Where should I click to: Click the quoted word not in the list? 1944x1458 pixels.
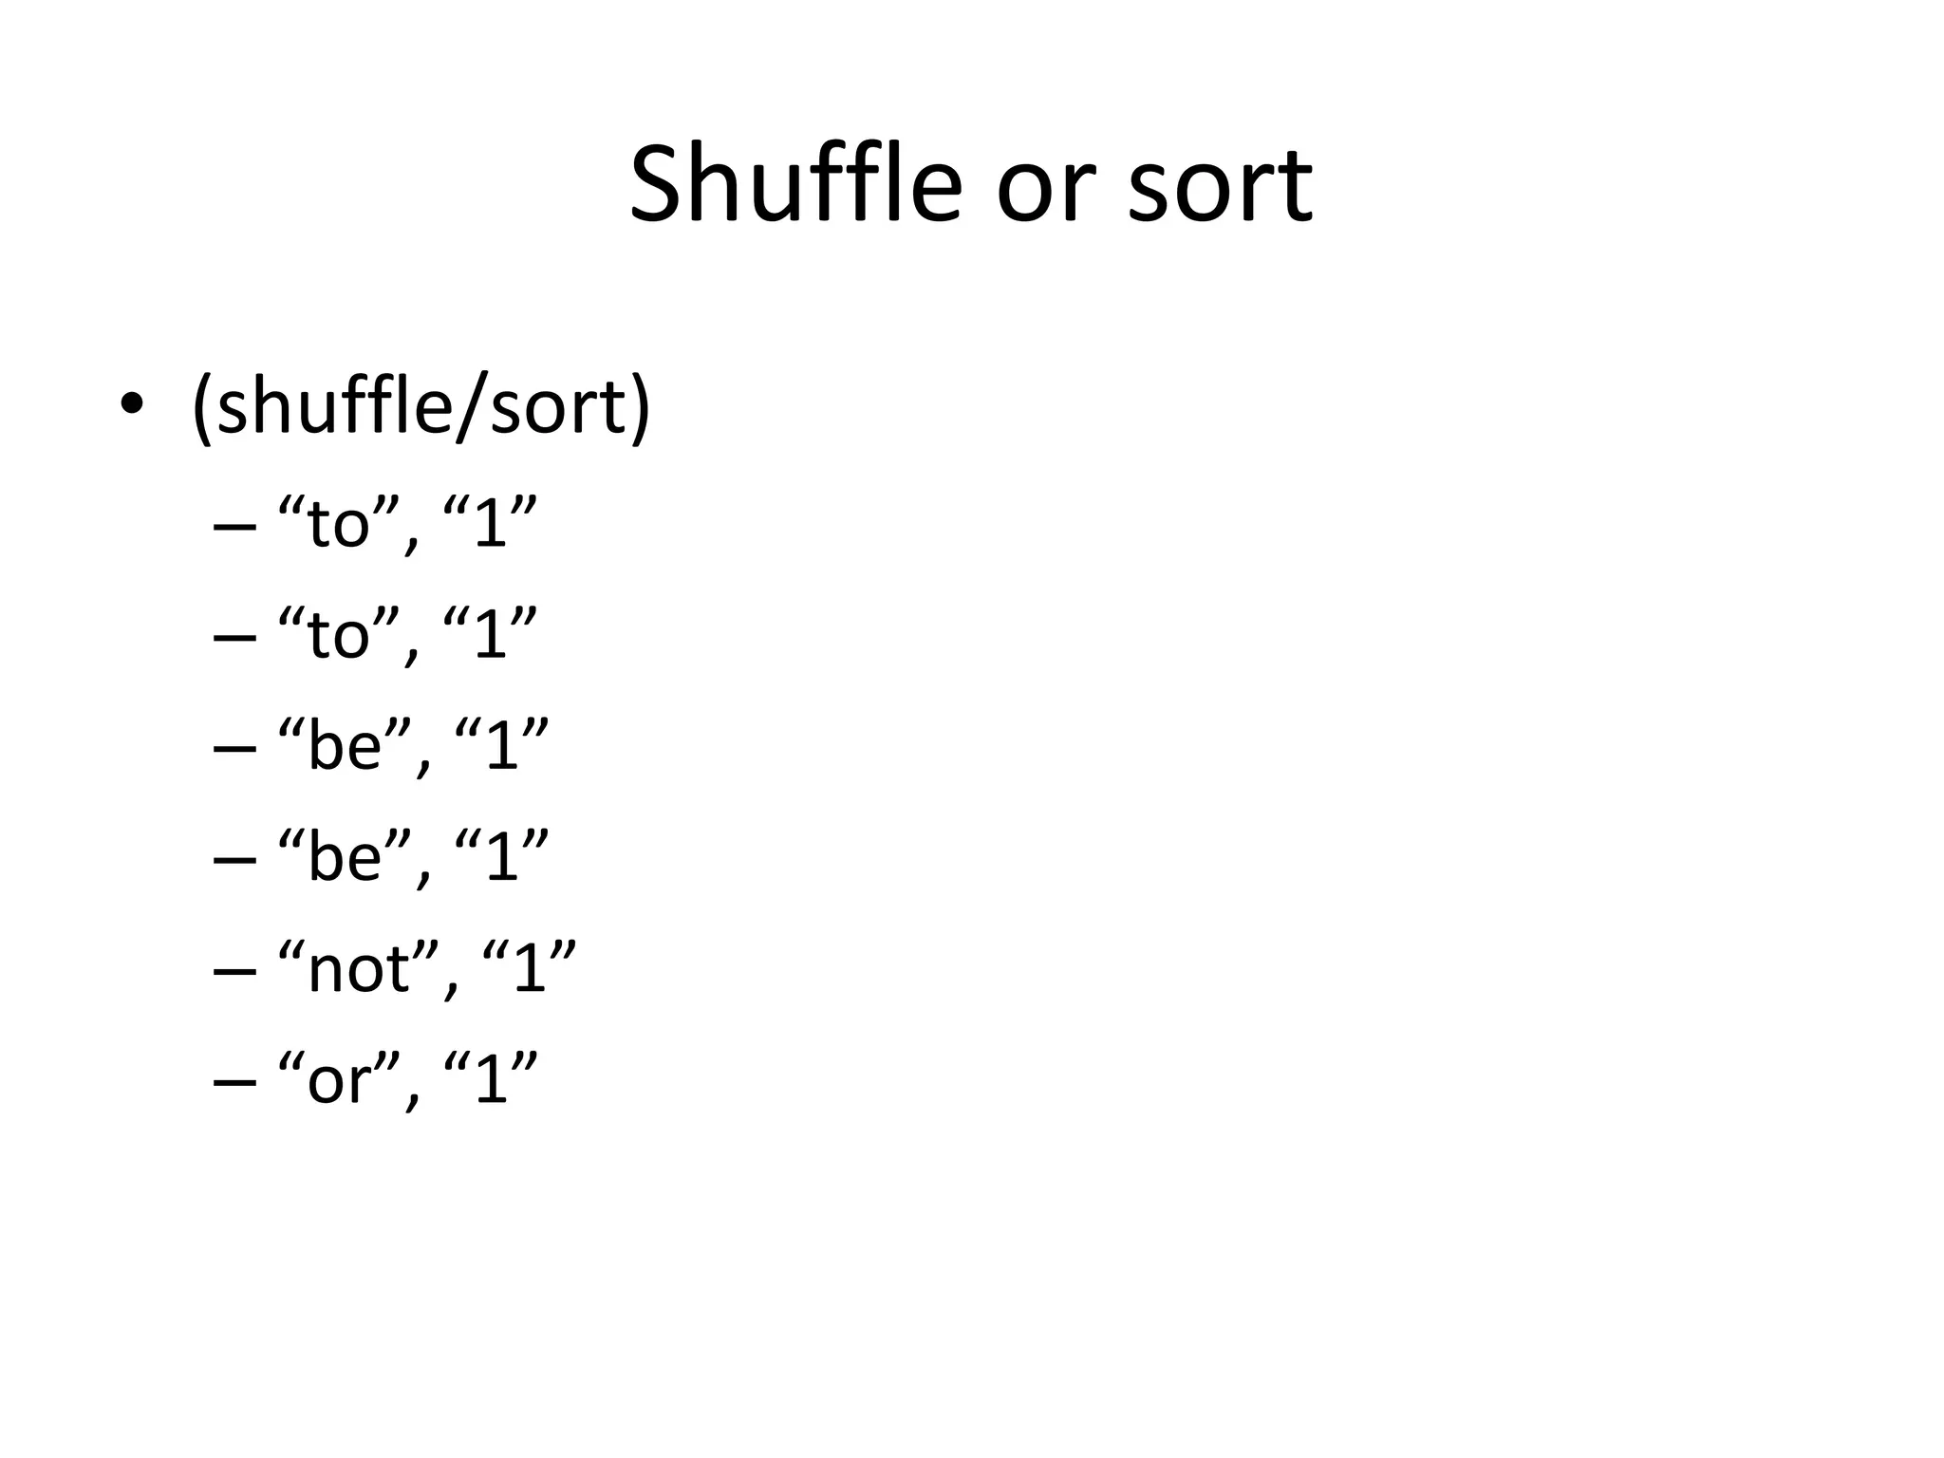pos(358,971)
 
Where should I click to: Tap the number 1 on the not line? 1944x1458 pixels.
pos(529,969)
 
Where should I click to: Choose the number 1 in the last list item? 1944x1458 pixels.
pos(490,1079)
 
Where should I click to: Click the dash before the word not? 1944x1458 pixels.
pos(235,971)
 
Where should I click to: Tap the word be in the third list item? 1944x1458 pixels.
pos(344,745)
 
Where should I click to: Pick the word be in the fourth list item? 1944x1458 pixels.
pos(344,857)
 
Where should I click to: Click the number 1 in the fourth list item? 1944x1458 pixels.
pos(501,857)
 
